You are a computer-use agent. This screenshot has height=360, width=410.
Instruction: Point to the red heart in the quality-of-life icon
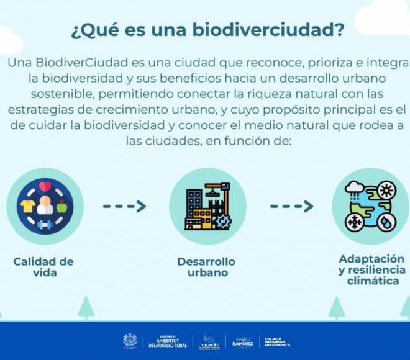pyautogui.click(x=45, y=186)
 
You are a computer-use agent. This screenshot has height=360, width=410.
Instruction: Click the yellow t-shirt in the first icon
pyautogui.click(x=26, y=205)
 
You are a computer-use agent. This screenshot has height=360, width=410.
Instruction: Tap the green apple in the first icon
pyautogui.click(x=61, y=207)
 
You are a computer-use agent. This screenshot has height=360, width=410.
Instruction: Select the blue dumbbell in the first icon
pyautogui.click(x=45, y=224)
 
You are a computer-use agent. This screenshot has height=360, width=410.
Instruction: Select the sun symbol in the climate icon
pyautogui.click(x=386, y=189)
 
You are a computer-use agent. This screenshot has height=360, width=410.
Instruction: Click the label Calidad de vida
pyautogui.click(x=43, y=267)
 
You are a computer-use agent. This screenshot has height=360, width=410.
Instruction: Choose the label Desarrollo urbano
pyautogui.click(x=206, y=267)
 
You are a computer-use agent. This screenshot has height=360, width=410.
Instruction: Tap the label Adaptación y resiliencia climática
pyautogui.click(x=371, y=270)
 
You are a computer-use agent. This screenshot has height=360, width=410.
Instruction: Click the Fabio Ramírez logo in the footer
pyautogui.click(x=242, y=341)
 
